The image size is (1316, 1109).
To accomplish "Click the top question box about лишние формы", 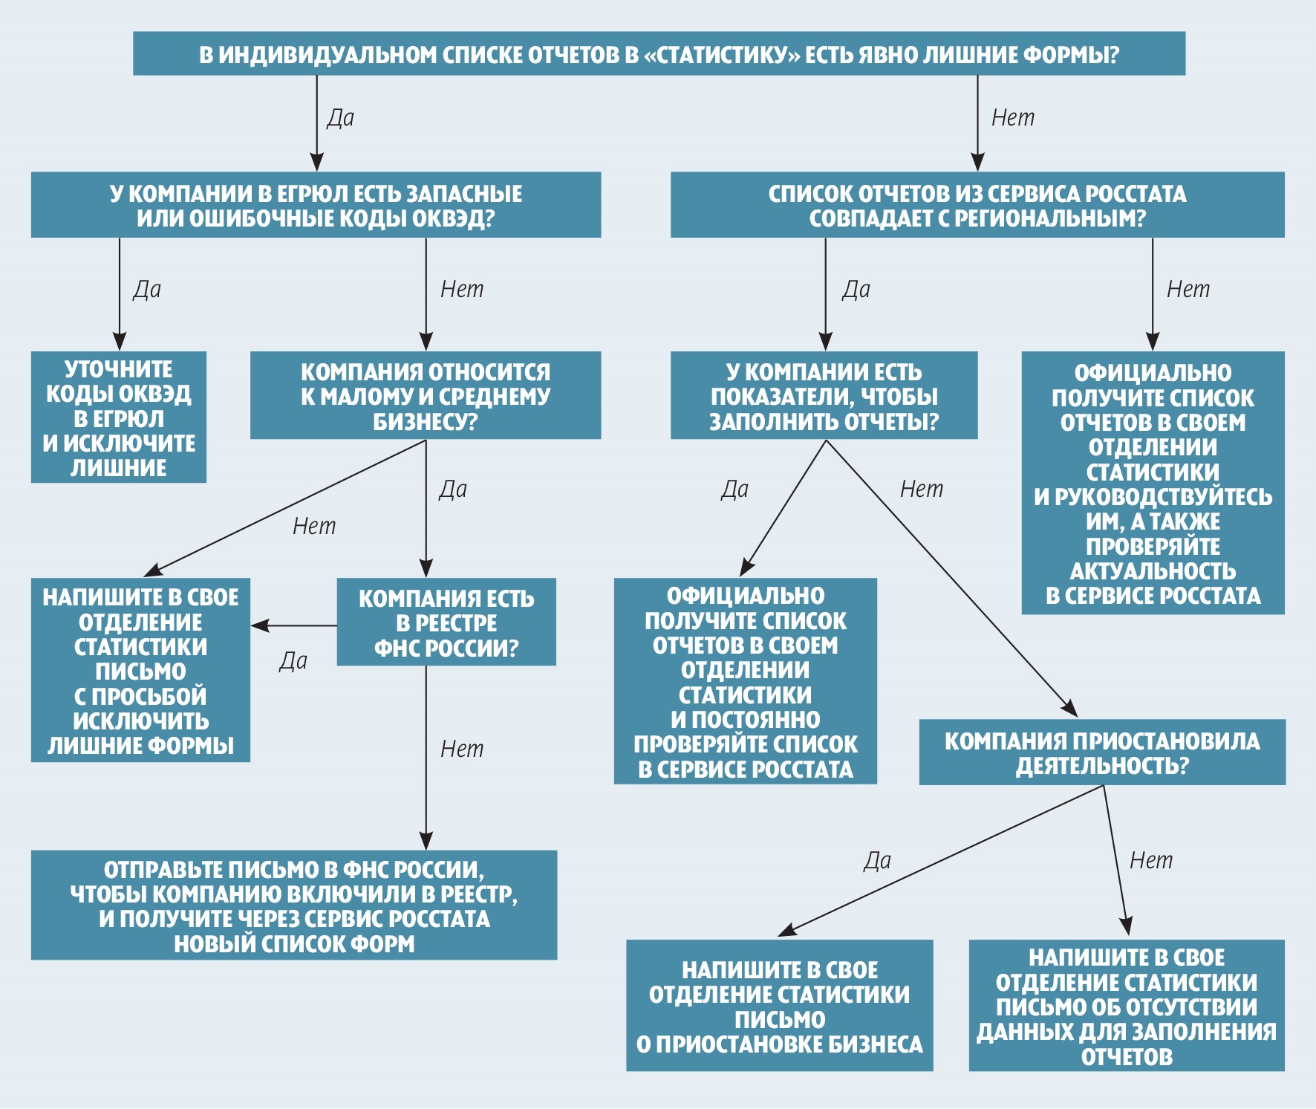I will pyautogui.click(x=659, y=53).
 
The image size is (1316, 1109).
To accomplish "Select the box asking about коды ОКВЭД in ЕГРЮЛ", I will pyautogui.click(x=316, y=205).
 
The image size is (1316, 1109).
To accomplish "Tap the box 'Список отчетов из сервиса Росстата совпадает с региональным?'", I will pyautogui.click(x=977, y=205).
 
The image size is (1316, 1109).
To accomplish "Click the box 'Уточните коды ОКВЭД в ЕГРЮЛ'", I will pyautogui.click(x=119, y=417).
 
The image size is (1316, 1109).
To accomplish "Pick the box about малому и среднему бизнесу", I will pyautogui.click(x=425, y=396).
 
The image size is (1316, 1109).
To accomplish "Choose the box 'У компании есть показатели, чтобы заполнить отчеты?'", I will pyautogui.click(x=824, y=396).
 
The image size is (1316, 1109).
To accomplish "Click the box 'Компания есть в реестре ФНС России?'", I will pyautogui.click(x=446, y=622).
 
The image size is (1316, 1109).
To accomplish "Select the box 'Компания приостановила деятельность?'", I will pyautogui.click(x=1102, y=752).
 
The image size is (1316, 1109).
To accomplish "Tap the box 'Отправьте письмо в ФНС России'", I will pyautogui.click(x=294, y=905).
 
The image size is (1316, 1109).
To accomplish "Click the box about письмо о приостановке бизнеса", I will pyautogui.click(x=779, y=1006).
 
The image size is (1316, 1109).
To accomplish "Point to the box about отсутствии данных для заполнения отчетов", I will pyautogui.click(x=1126, y=1006).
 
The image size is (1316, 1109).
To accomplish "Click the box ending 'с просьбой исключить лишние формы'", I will pyautogui.click(x=140, y=670).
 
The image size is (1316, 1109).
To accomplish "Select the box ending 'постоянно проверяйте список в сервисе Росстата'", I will pyautogui.click(x=745, y=681).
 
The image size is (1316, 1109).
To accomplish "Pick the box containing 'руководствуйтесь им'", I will pyautogui.click(x=1153, y=483).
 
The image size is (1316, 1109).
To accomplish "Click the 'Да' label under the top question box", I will pyautogui.click(x=341, y=117).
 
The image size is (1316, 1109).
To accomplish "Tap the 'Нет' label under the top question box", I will pyautogui.click(x=1013, y=117).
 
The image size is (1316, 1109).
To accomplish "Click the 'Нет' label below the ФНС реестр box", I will pyautogui.click(x=462, y=749).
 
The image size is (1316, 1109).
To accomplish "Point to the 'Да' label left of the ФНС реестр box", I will pyautogui.click(x=293, y=660).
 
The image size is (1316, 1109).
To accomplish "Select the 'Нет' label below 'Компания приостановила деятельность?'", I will pyautogui.click(x=1151, y=860).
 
